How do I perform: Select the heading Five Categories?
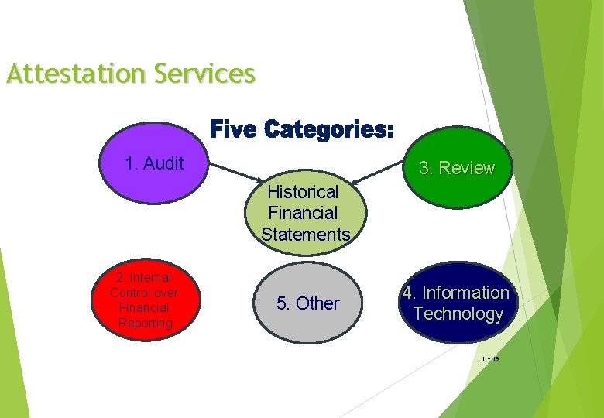tap(302, 129)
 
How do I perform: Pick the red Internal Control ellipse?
tap(144, 299)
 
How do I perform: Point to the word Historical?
tap(303, 191)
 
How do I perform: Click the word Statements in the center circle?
tap(306, 235)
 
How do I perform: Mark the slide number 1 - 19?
tap(489, 359)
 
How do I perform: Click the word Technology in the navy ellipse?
tap(458, 313)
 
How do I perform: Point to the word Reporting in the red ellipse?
tap(145, 323)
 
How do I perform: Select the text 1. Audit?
tap(154, 163)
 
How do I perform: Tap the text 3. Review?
tap(456, 169)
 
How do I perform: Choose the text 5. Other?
tap(307, 303)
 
